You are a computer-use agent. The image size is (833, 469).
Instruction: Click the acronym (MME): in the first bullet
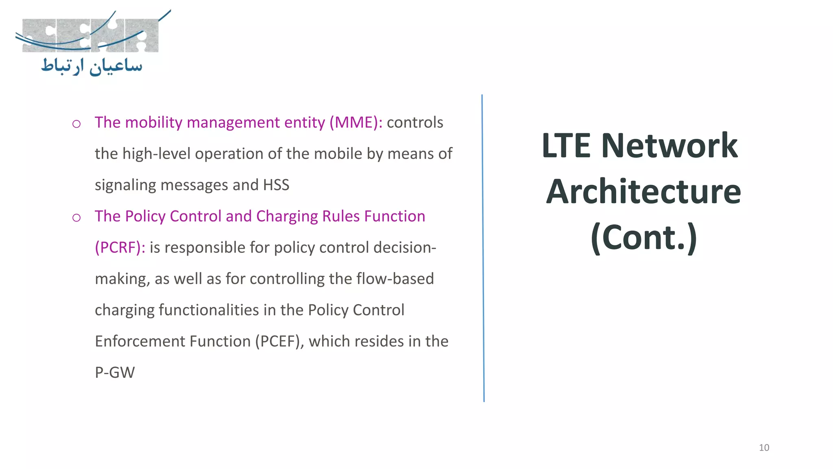356,123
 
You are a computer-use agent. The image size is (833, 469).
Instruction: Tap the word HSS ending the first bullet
276,185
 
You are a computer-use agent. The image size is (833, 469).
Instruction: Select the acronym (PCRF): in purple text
120,248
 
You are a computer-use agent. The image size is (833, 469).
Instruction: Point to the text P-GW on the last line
115,373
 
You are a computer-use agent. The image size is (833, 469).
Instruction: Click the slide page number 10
764,448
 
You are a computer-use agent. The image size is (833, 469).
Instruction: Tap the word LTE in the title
566,145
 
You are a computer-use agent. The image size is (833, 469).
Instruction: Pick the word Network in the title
669,145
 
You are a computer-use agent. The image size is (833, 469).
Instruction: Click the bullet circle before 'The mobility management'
76,124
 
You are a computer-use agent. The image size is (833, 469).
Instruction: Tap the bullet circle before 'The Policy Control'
76,218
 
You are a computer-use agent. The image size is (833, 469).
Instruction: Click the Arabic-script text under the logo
92,66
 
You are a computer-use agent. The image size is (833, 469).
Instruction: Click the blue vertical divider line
483,248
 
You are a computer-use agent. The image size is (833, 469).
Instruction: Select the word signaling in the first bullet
125,185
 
